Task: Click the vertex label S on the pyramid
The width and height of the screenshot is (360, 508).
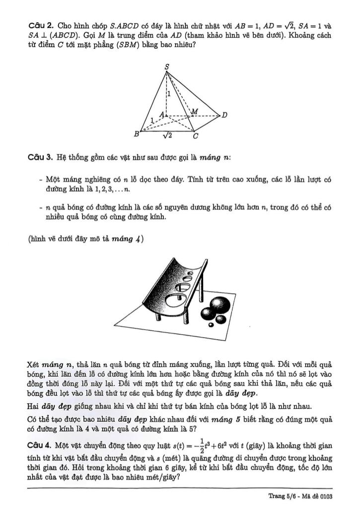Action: point(166,66)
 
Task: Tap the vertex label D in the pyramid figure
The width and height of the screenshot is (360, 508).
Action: point(224,115)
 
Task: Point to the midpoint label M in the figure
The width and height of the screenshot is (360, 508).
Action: point(195,112)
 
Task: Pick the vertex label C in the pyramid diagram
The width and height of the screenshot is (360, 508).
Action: point(196,135)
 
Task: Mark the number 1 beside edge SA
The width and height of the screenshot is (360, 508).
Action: point(169,93)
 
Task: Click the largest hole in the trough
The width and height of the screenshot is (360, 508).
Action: point(176,300)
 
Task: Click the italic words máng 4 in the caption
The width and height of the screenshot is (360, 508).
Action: point(128,239)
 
